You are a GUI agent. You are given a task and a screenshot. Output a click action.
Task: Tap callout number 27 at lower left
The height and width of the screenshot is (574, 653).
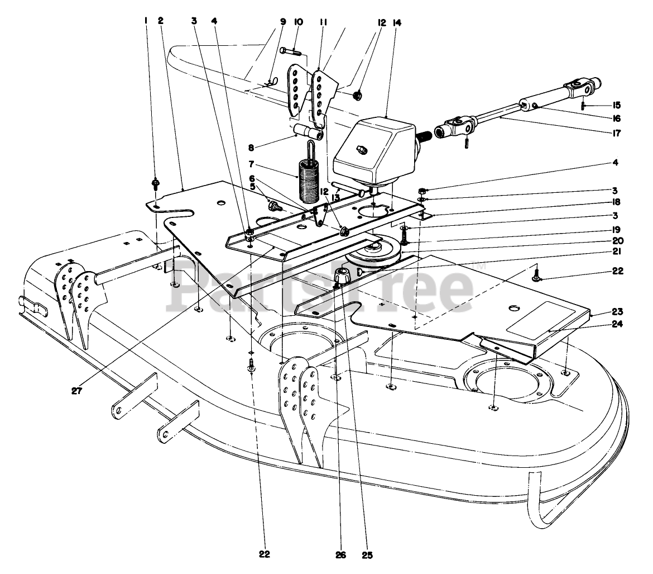[x=76, y=391]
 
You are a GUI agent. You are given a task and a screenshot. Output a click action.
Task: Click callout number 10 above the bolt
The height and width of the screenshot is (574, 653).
[x=299, y=22]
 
